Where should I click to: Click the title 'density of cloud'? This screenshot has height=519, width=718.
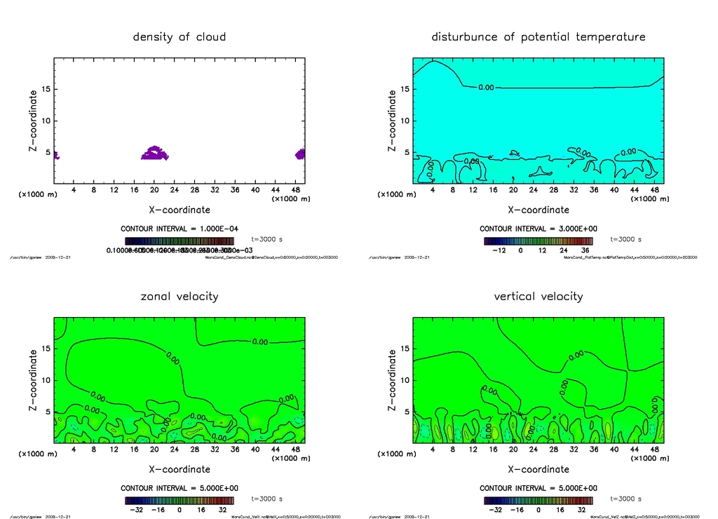179,36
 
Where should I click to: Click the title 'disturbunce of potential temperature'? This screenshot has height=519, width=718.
538,36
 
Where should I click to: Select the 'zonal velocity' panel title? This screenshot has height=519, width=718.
179,296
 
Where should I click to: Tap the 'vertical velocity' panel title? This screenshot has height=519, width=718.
538,296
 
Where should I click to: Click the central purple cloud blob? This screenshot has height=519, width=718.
154,154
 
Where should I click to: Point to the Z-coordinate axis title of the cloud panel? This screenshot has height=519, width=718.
33,121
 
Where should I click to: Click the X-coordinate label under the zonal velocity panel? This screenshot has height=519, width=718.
179,469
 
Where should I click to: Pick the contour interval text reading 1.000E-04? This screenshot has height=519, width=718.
179,229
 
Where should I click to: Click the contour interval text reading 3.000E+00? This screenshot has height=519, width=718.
538,229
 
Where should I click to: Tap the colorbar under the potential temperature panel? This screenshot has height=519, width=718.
538,240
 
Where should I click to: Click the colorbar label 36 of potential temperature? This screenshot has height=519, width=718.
585,250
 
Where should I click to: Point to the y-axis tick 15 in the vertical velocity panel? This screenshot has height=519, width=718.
404,349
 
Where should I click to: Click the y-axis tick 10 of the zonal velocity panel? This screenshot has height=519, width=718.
45,380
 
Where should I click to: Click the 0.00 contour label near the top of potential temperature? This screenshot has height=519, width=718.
485,88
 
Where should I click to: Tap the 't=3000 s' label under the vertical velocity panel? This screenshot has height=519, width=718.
626,499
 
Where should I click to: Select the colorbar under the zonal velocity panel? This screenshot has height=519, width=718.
179,500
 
